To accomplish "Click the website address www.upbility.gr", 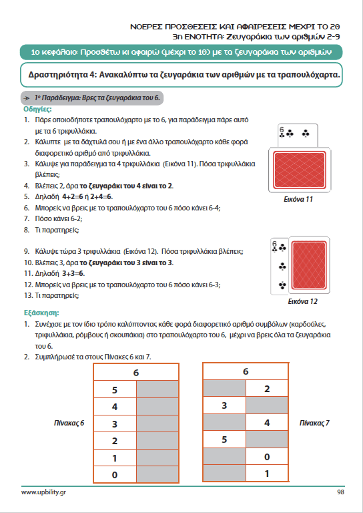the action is tap(43, 492).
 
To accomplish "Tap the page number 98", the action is tap(340, 492).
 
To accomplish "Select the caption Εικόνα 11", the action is tap(298, 199).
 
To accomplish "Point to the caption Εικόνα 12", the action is tap(302, 301).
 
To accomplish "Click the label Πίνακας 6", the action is tap(69, 423).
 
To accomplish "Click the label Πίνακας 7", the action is tap(314, 423).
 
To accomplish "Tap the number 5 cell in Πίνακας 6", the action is tap(115, 389).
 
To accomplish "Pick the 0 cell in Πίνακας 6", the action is tap(115, 474).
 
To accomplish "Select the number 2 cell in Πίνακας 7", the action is tap(267, 389).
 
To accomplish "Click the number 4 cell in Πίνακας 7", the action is tap(267, 423).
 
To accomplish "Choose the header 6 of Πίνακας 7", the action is tap(246, 371).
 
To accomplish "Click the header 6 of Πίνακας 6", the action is tap(136, 372).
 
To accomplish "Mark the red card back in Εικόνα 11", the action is tap(300, 170).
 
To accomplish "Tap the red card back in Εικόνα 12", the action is tap(309, 265).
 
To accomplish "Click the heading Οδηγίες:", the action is tap(37, 109).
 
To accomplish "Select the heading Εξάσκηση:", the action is tap(41, 313).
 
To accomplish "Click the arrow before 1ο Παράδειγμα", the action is tap(27, 98).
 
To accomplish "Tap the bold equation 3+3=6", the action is tap(73, 273).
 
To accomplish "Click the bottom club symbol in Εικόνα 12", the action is tap(282, 286).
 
